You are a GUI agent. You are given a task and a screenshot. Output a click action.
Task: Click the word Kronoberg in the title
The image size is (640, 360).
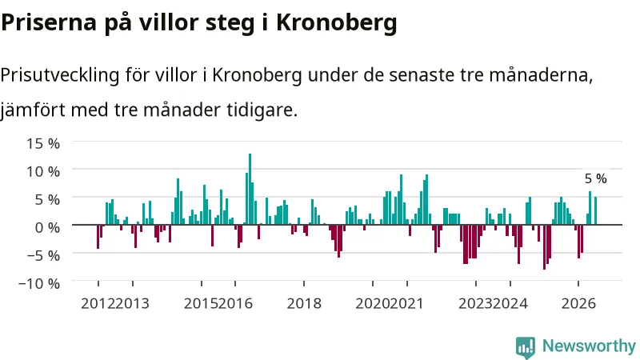pyautogui.click(x=336, y=23)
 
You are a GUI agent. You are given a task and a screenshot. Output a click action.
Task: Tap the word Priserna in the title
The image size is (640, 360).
pyautogui.click(x=49, y=22)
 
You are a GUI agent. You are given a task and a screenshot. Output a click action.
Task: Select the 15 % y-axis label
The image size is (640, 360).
pyautogui.click(x=43, y=144)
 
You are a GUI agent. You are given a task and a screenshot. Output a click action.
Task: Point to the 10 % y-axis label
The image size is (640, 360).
pyautogui.click(x=43, y=171)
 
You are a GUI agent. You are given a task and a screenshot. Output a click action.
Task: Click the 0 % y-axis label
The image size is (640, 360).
pyautogui.click(x=47, y=227)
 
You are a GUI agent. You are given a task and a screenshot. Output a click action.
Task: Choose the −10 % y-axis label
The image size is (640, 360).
pyautogui.click(x=39, y=283)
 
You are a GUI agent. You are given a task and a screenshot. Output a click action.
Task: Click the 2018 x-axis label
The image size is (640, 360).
pyautogui.click(x=304, y=304)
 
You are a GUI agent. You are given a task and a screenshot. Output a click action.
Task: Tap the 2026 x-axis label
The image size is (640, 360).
pyautogui.click(x=578, y=304)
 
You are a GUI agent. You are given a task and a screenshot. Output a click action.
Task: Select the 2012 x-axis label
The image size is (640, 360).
pyautogui.click(x=98, y=304)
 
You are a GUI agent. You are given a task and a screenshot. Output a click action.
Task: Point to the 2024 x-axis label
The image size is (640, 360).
pyautogui.click(x=510, y=304)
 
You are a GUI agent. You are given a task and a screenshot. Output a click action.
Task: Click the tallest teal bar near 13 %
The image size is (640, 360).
pyautogui.click(x=250, y=189)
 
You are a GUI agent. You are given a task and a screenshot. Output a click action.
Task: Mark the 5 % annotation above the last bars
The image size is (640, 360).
pyautogui.click(x=595, y=178)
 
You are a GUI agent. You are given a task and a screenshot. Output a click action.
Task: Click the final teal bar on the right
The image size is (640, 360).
pyautogui.click(x=595, y=210)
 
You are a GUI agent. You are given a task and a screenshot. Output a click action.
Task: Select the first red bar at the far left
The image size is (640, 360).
pyautogui.click(x=98, y=236)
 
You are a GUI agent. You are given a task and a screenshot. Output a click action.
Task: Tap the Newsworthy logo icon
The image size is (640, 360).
pyautogui.click(x=526, y=347)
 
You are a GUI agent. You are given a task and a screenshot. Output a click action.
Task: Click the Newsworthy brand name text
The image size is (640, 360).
pyautogui.click(x=589, y=346)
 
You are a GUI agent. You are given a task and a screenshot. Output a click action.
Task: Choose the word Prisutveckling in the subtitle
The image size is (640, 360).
pyautogui.click(x=60, y=75)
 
